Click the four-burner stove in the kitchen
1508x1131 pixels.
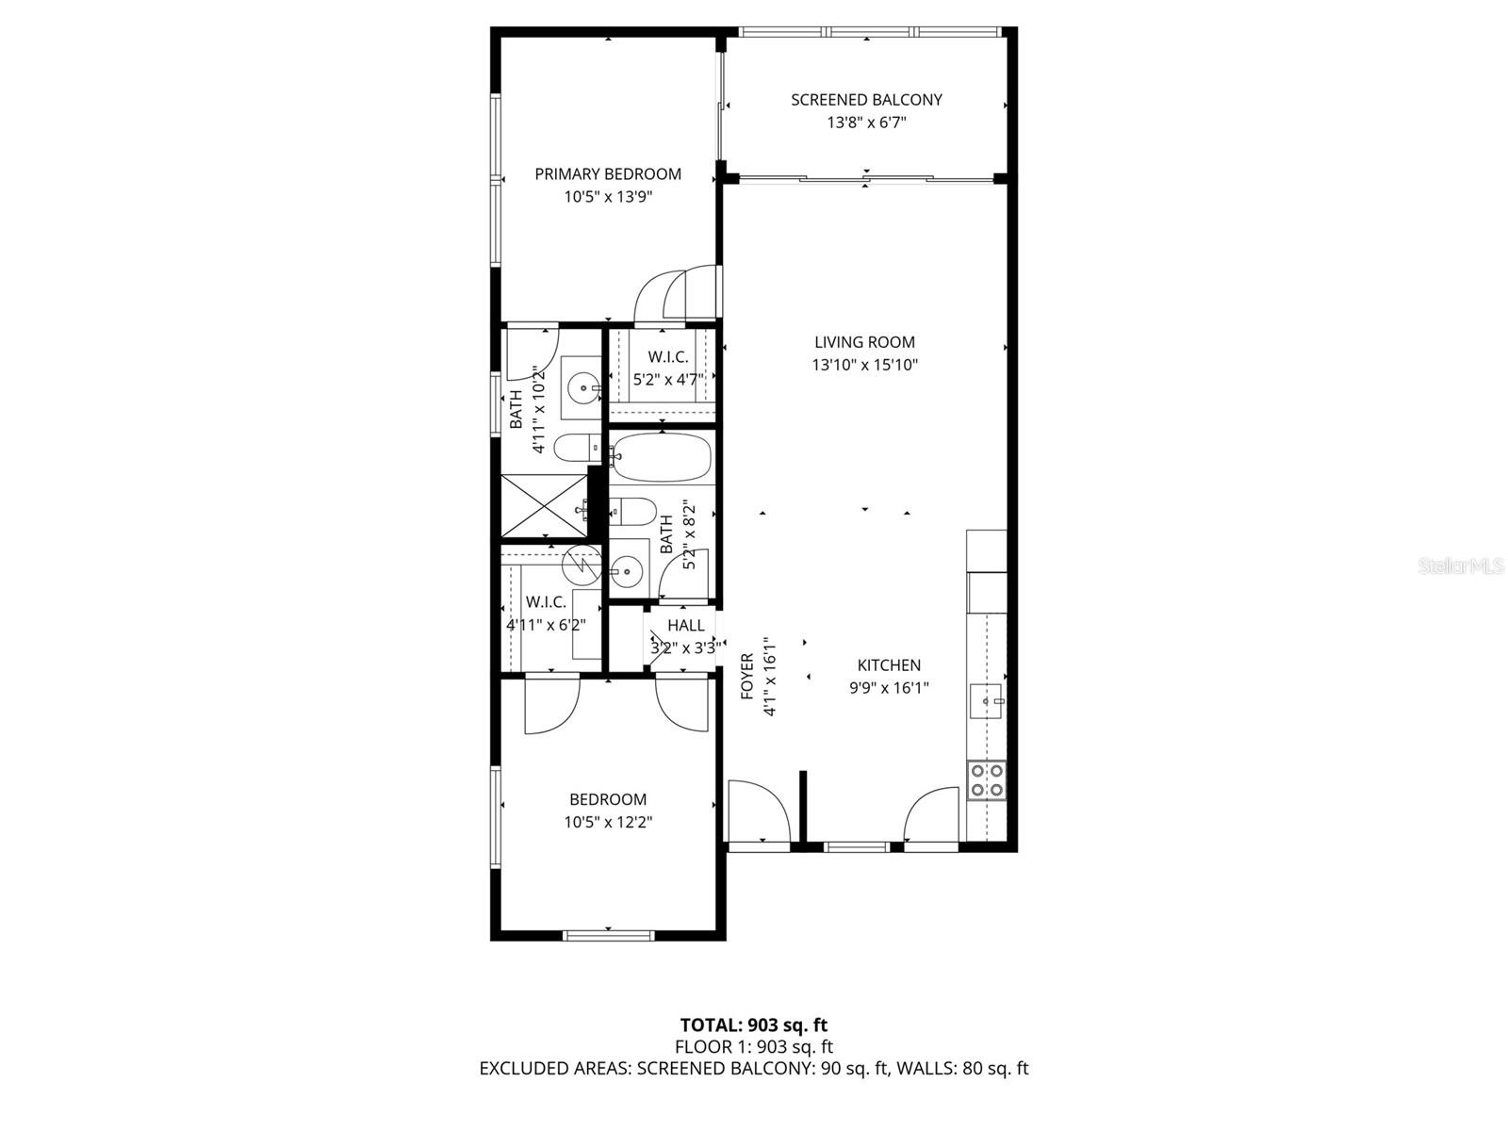click(x=986, y=780)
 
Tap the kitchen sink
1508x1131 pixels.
click(x=987, y=701)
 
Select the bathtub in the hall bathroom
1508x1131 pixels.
click(x=662, y=457)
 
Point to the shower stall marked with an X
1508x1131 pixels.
click(x=544, y=505)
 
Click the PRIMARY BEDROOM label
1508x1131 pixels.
click(x=608, y=174)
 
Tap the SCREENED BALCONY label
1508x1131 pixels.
click(x=866, y=100)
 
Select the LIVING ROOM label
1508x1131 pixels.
click(x=864, y=342)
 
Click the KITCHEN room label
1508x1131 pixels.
click(x=889, y=664)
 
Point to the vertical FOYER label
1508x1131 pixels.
click(x=747, y=677)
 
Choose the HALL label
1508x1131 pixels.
click(x=685, y=626)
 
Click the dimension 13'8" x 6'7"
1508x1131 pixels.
click(x=866, y=123)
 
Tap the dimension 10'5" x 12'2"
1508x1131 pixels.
click(x=608, y=822)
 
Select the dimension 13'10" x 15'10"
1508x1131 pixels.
click(x=865, y=366)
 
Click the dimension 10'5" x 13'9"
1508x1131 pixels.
click(x=608, y=197)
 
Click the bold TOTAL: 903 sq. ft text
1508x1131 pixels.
click(x=754, y=1025)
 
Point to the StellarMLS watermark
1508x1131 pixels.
click(x=1461, y=565)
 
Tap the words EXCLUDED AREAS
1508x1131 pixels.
click(x=554, y=1069)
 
